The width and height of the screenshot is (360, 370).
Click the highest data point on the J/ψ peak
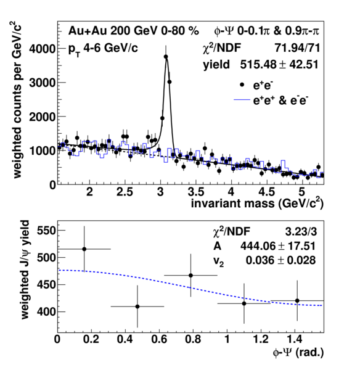[166, 57]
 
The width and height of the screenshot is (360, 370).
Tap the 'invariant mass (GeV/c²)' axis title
[257, 203]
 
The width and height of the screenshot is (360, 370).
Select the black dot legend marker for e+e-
[242, 85]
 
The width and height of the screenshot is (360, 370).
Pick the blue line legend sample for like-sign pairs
[242, 100]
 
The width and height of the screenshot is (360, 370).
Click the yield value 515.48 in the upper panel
[258, 64]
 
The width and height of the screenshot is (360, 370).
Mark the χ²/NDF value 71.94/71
[298, 48]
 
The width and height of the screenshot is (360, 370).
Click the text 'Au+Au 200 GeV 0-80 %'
[134, 31]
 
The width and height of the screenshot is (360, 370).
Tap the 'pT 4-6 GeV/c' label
[103, 49]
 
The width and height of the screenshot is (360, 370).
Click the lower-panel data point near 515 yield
[84, 249]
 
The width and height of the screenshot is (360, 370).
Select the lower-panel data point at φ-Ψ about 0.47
[137, 306]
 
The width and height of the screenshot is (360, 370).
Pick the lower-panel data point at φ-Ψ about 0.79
[190, 276]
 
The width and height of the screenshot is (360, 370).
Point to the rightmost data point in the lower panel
[297, 301]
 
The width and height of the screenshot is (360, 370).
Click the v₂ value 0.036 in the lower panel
[261, 260]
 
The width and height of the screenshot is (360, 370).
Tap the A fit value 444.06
[258, 246]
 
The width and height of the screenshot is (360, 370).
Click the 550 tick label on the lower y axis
[46, 231]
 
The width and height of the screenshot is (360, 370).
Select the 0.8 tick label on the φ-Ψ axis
[192, 340]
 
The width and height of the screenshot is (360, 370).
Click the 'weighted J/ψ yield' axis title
[25, 269]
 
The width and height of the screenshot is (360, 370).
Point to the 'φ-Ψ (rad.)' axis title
[298, 353]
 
